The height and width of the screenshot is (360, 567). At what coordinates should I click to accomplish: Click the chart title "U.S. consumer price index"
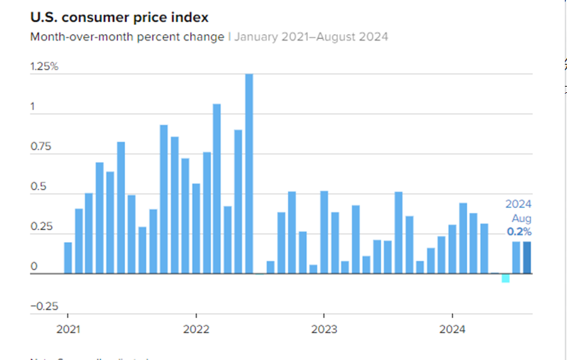[119, 16]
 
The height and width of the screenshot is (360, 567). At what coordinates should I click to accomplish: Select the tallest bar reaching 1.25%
[249, 173]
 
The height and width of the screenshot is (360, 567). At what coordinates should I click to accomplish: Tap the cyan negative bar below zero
[505, 278]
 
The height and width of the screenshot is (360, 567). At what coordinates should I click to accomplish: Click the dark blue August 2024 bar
[527, 257]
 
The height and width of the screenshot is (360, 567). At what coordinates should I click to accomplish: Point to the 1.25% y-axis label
[44, 67]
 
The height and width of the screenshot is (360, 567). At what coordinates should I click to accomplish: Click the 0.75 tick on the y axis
[41, 147]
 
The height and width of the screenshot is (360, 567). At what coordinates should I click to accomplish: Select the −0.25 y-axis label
[44, 306]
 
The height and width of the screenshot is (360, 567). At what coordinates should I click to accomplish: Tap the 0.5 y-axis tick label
[38, 187]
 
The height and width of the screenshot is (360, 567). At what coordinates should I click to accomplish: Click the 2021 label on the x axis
[67, 329]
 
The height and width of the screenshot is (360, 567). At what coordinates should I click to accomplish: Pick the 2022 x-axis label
[196, 329]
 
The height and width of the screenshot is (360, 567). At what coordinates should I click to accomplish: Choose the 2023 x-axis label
[324, 329]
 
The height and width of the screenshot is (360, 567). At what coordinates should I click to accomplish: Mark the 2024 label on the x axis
[452, 329]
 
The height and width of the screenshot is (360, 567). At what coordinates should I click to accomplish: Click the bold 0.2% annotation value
[518, 231]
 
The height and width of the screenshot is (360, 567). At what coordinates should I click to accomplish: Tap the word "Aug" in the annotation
[522, 218]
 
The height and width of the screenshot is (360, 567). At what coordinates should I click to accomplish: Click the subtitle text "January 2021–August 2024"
[311, 36]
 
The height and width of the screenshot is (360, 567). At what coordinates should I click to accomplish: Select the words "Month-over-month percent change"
[127, 36]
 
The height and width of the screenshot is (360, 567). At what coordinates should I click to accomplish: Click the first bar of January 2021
[68, 258]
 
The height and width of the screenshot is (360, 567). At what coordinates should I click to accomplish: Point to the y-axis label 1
[33, 107]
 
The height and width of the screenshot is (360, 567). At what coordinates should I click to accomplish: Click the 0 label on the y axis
[33, 267]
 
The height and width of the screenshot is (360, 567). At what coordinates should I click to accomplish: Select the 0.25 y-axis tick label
[41, 227]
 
